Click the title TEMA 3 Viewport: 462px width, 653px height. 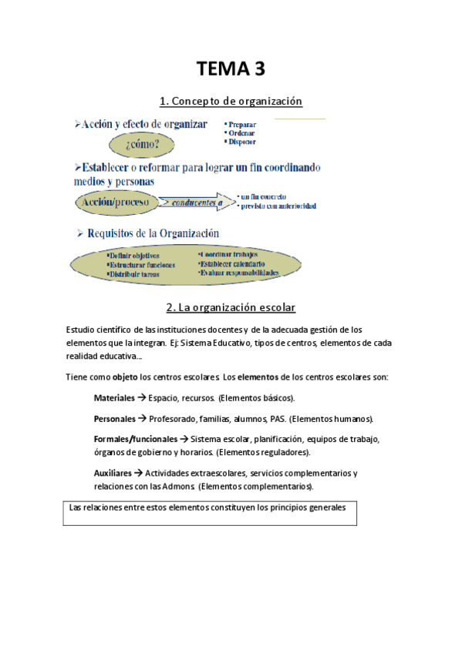(231, 69)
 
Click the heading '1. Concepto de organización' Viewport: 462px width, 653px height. (231, 101)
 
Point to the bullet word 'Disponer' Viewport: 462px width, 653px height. (242, 142)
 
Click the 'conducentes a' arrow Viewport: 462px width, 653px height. (194, 203)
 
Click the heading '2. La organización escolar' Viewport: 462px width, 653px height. (231, 307)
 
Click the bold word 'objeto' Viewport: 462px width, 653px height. (125, 377)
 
